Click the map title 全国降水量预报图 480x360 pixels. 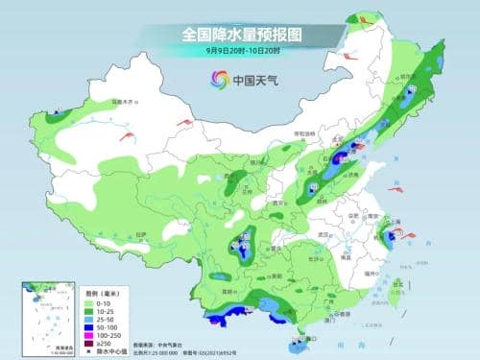click(x=241, y=34)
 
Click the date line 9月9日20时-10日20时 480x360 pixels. click(x=240, y=49)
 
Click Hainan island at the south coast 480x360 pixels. click(x=300, y=340)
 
